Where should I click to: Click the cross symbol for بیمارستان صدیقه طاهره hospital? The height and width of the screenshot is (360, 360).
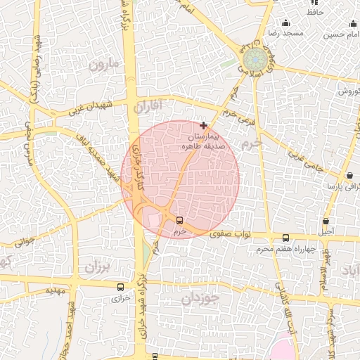pos(204,125)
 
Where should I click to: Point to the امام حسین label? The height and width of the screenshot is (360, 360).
pos(342,34)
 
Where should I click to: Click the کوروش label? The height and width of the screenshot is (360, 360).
pos(347,91)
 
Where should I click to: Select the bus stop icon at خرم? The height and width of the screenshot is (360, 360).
pos(179,220)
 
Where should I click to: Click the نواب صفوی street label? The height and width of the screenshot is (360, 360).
pos(245,235)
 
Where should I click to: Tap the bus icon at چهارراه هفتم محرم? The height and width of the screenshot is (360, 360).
pos(285,238)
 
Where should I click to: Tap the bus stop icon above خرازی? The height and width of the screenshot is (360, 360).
pos(120,287)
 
